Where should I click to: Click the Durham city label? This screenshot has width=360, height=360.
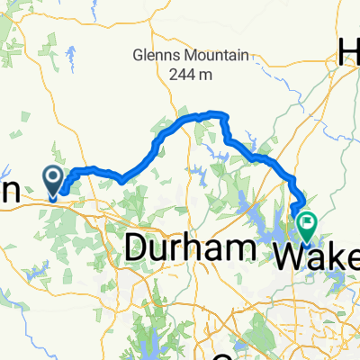[x=185, y=247]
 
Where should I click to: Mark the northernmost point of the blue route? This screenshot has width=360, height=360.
[x=214, y=112]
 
